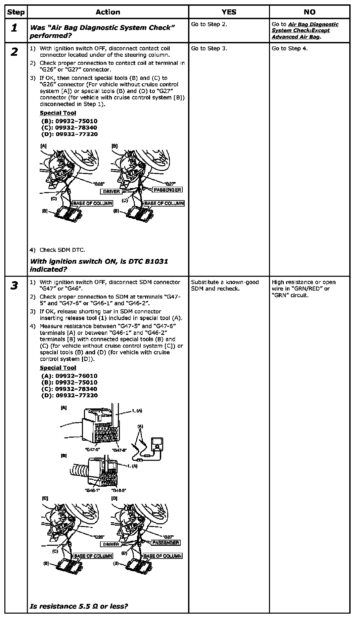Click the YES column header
point(229,12)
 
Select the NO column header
point(309,12)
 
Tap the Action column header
point(107,12)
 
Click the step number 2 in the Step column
point(14,52)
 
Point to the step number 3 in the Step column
point(14,286)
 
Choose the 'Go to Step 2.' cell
point(209,24)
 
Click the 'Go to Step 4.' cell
point(289,48)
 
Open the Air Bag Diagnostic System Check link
point(305,31)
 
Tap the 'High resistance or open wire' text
point(303,289)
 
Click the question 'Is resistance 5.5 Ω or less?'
point(79,606)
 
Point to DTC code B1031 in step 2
point(156,261)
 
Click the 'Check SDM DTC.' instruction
point(62,250)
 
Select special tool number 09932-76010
point(76,376)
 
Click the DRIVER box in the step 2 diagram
point(111,191)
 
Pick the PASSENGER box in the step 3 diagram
point(166,542)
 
